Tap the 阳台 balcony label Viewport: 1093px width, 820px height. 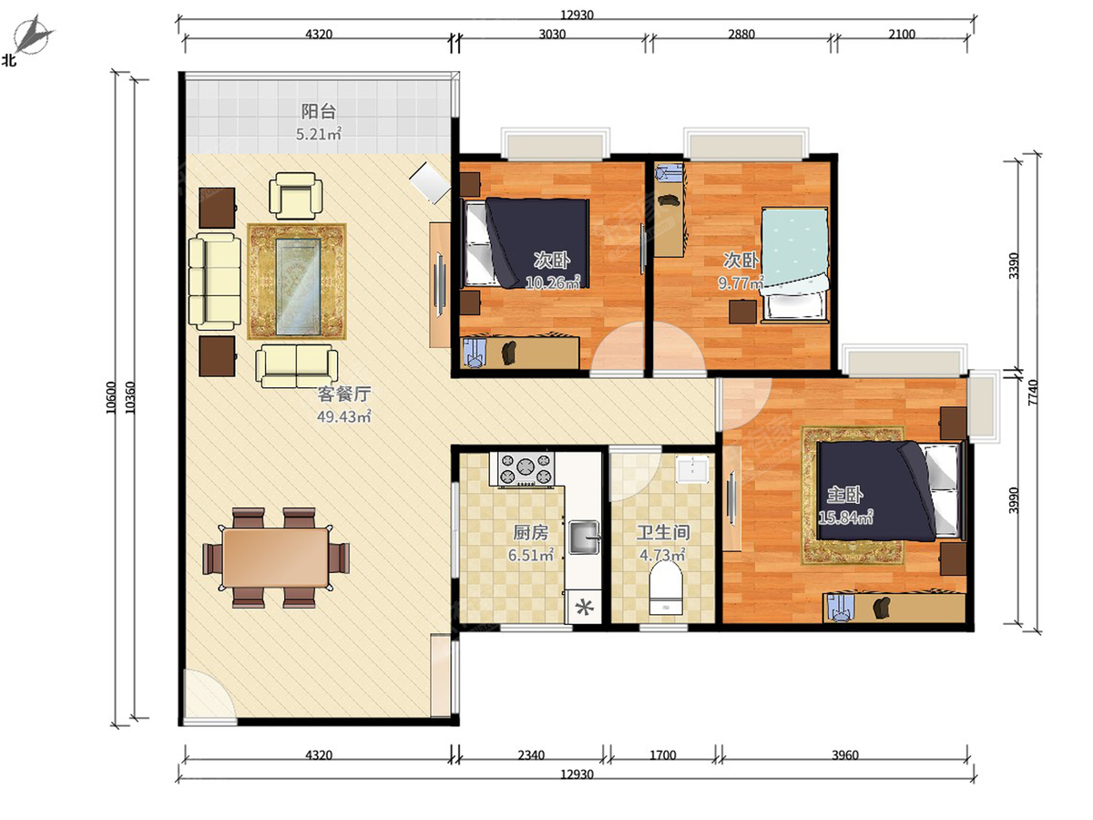pos(319,111)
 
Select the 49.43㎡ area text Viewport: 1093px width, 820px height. pos(343,415)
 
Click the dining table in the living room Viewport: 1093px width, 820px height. pos(276,558)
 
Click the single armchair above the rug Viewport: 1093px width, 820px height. pos(296,196)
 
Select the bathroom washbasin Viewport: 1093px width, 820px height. pos(692,468)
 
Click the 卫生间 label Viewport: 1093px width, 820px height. pos(663,533)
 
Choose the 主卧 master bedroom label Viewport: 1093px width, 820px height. pos(845,495)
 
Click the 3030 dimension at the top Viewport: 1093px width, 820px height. pos(552,34)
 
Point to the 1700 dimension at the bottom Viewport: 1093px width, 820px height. pos(663,755)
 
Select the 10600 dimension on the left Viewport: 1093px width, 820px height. pos(111,397)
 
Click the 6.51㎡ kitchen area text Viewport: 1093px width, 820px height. pos(531,555)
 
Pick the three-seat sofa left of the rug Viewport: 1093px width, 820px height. pos(215,282)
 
